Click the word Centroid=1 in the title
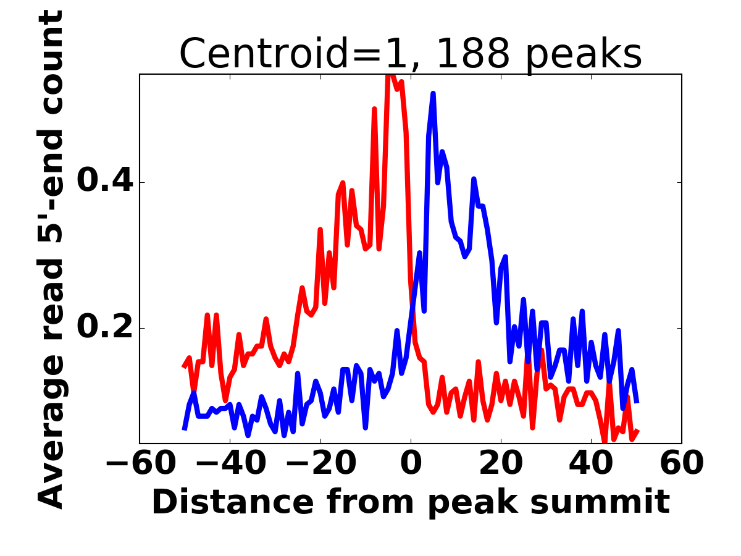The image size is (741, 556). click(265, 54)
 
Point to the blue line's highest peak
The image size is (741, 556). click(433, 93)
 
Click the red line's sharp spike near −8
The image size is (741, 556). click(374, 109)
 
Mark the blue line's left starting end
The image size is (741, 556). click(185, 428)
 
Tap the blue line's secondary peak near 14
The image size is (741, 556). click(474, 179)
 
